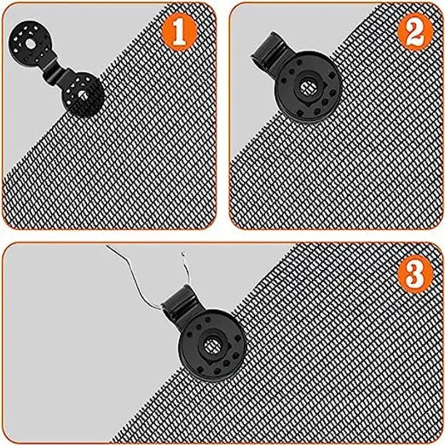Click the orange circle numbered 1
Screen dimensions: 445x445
[x=179, y=32]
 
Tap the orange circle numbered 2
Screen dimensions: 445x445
[x=416, y=32]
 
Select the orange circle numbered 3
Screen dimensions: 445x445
[x=416, y=275]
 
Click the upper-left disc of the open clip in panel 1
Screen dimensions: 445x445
[x=29, y=44]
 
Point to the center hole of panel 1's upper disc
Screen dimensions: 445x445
[x=29, y=44]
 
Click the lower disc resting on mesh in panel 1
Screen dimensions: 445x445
[x=83, y=94]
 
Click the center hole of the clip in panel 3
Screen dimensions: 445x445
[x=212, y=346]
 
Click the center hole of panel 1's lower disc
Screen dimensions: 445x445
[x=83, y=94]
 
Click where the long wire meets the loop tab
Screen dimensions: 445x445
[x=162, y=309]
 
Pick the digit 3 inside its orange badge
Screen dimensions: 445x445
[x=416, y=275]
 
